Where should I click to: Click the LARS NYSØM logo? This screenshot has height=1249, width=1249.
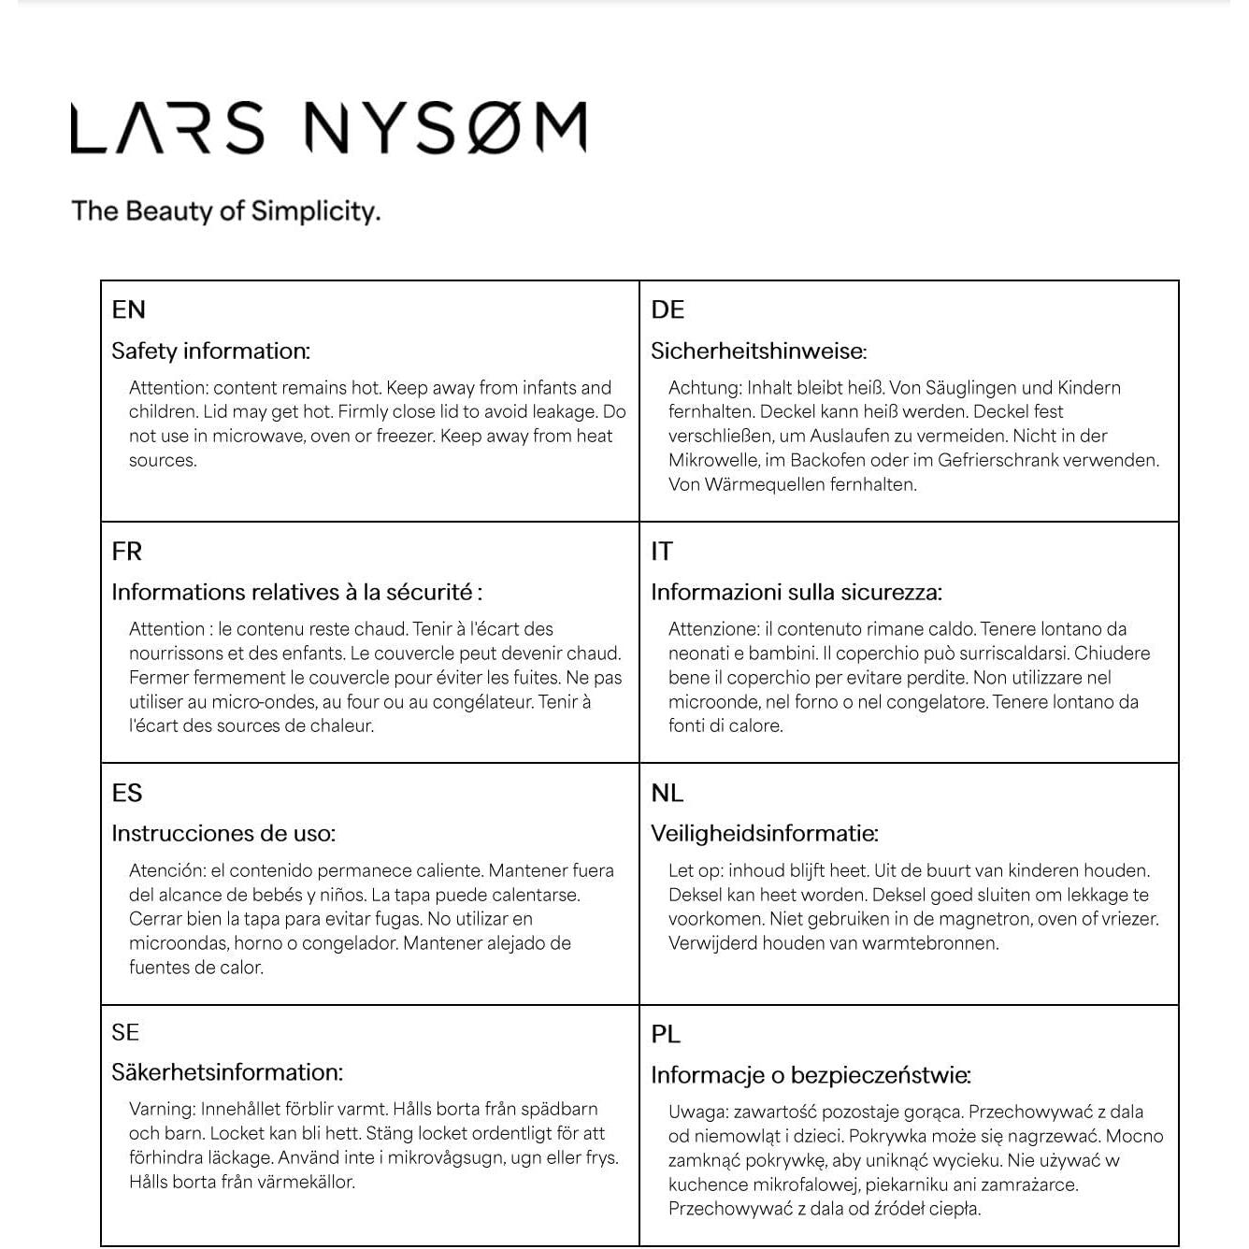(x=329, y=128)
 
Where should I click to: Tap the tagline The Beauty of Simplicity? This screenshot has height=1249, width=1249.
(x=226, y=210)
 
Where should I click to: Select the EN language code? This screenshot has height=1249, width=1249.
(x=128, y=309)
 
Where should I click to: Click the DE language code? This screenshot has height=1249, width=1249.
(x=668, y=309)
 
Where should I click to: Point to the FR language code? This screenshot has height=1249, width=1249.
(x=127, y=551)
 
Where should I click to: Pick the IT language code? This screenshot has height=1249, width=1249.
(x=661, y=551)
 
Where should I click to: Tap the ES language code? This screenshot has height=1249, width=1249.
(x=127, y=793)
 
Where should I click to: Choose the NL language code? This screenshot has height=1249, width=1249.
(x=668, y=793)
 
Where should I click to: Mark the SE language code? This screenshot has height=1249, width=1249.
(x=125, y=1032)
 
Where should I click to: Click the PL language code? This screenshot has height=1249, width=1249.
(x=666, y=1034)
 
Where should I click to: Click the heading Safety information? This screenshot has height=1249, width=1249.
(x=210, y=351)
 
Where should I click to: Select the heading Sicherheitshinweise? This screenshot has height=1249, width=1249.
(x=758, y=351)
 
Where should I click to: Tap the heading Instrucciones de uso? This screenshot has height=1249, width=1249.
(x=223, y=833)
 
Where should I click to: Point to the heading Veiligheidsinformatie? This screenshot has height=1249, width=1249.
(x=765, y=833)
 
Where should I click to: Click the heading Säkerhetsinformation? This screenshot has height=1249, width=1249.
(x=227, y=1072)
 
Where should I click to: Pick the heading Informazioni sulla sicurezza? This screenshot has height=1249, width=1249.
(x=797, y=592)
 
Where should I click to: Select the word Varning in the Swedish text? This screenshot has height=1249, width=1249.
(x=162, y=1109)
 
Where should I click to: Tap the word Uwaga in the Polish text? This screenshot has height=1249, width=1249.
(x=696, y=1112)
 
